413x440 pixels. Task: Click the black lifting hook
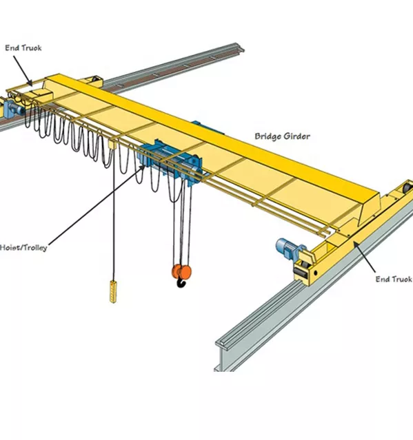(182, 281)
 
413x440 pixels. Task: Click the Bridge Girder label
(282, 136)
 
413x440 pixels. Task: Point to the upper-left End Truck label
(23, 48)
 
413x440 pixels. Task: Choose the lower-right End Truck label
(393, 279)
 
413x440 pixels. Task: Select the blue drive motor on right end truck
(285, 247)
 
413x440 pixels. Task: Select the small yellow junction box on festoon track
(109, 144)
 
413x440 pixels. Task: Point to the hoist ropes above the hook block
(180, 220)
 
